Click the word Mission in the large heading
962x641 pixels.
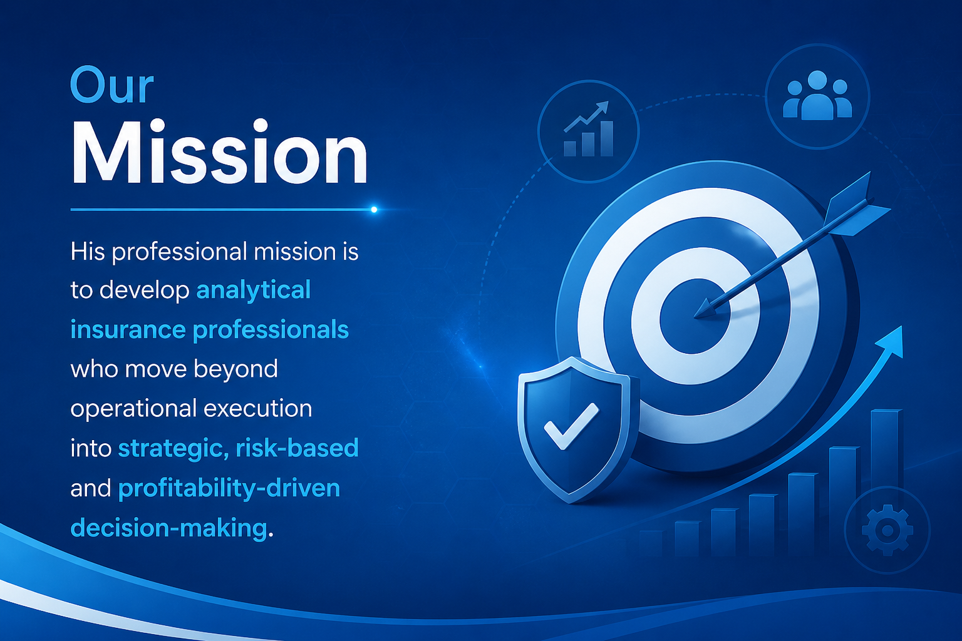click(x=219, y=152)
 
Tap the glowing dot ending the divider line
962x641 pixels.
click(x=374, y=210)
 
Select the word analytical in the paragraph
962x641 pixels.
click(x=254, y=290)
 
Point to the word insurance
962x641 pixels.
click(x=128, y=330)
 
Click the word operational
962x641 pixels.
click(x=133, y=409)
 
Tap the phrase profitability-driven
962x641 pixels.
click(x=229, y=489)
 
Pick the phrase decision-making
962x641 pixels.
click(x=168, y=528)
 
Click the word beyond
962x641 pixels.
click(x=235, y=369)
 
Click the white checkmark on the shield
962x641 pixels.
click(x=571, y=426)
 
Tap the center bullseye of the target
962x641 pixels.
click(x=695, y=316)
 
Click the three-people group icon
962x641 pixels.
click(x=817, y=95)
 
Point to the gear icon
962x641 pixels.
click(x=887, y=531)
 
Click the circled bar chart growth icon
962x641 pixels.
click(x=588, y=131)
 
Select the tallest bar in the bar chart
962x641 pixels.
click(x=886, y=481)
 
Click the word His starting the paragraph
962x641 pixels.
click(x=88, y=251)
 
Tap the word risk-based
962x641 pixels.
click(x=297, y=448)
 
